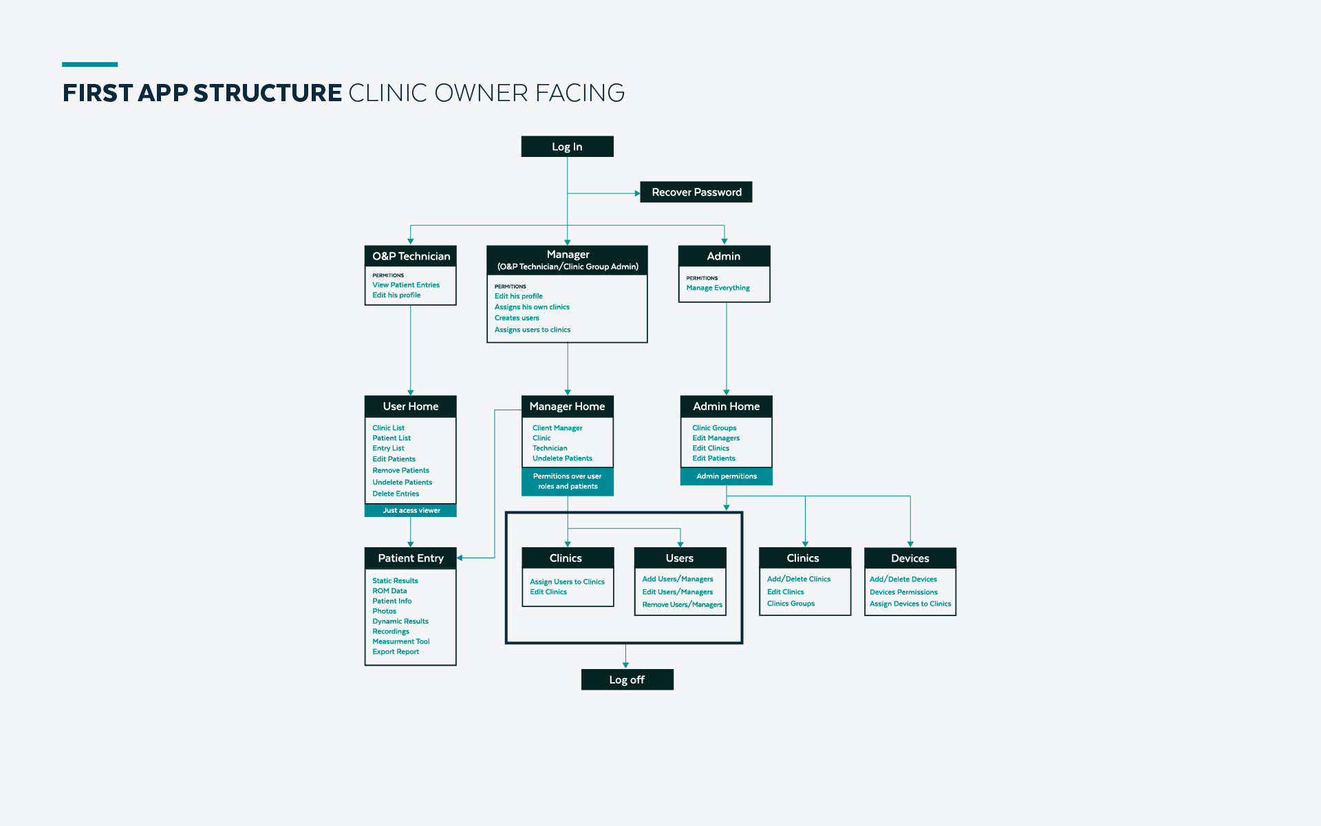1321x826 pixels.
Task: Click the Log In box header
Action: (x=567, y=147)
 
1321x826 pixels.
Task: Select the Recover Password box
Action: (x=696, y=192)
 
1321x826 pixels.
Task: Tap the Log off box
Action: (x=627, y=679)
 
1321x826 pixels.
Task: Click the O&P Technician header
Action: (x=411, y=256)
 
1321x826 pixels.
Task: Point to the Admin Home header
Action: (x=726, y=406)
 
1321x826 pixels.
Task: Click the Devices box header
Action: (x=910, y=558)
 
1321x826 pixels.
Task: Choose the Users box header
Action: (x=680, y=558)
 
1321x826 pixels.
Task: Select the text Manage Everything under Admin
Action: (x=718, y=288)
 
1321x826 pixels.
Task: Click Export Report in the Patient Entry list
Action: (x=396, y=652)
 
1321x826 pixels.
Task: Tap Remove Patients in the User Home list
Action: (x=400, y=471)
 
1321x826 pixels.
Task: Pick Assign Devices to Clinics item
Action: (x=910, y=604)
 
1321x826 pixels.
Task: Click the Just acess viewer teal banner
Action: (x=411, y=510)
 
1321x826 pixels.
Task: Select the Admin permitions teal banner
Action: (x=726, y=476)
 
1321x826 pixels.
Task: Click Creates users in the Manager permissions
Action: (x=517, y=318)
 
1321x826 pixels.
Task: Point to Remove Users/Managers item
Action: (x=682, y=604)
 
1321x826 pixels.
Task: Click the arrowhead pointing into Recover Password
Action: (x=637, y=193)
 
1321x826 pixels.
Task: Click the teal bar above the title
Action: (x=89, y=65)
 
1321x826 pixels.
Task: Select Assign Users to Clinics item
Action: (x=567, y=582)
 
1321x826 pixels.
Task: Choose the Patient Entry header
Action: (x=411, y=558)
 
